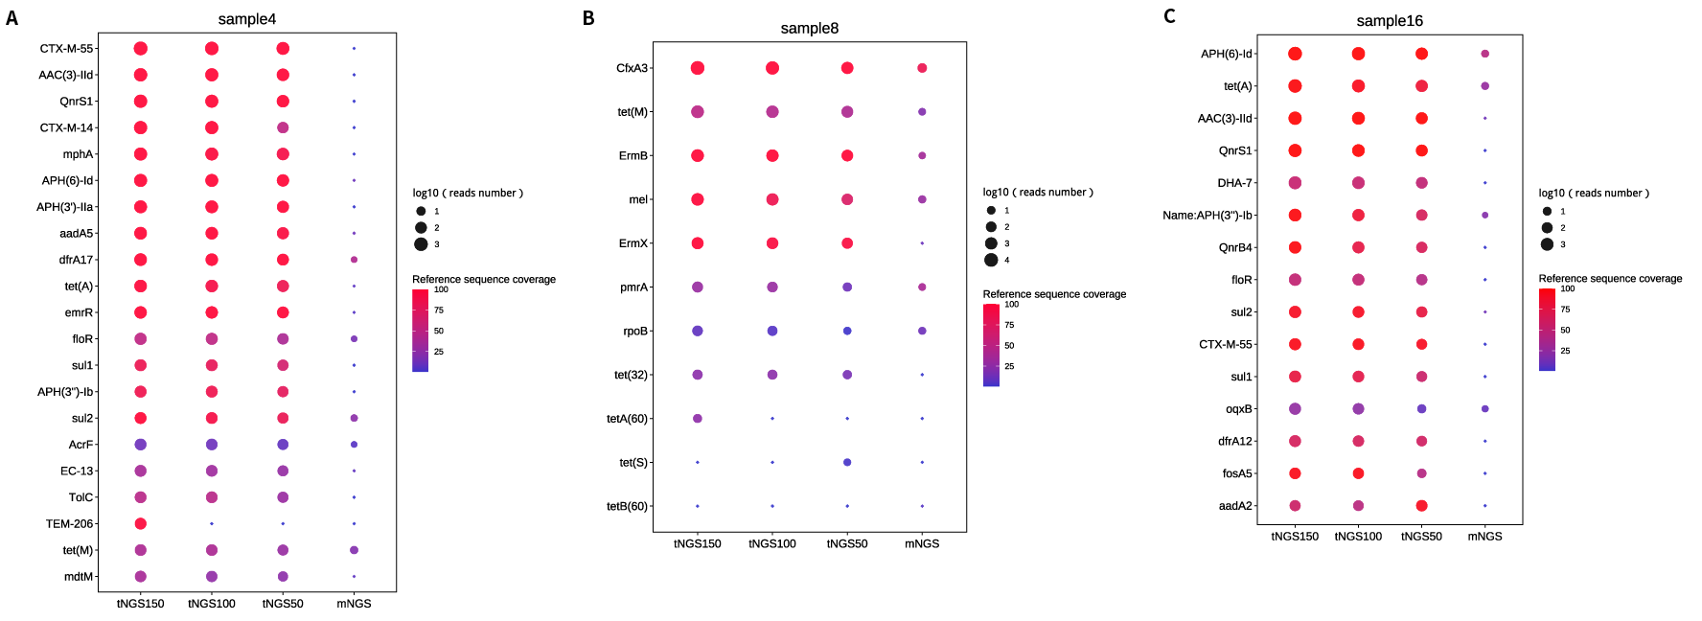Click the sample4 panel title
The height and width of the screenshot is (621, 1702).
(x=246, y=19)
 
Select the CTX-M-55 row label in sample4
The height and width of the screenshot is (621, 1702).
(x=66, y=49)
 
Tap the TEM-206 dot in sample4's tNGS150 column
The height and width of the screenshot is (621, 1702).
(x=141, y=523)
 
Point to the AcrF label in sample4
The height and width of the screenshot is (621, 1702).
(x=80, y=445)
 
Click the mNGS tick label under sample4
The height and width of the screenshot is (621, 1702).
(x=354, y=604)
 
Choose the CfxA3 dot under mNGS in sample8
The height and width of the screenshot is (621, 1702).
(x=922, y=68)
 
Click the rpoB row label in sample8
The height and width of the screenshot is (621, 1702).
(x=635, y=332)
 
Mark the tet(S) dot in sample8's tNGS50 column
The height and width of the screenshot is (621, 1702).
(x=847, y=462)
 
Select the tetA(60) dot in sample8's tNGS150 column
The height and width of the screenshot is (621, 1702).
(x=698, y=419)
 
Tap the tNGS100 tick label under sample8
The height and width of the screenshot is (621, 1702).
(x=772, y=544)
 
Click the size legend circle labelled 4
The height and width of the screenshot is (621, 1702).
(x=991, y=260)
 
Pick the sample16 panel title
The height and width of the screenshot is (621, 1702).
(x=1390, y=21)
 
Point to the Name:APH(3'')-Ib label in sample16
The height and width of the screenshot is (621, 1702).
(x=1207, y=216)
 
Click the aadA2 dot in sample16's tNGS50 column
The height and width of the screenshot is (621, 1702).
(x=1421, y=505)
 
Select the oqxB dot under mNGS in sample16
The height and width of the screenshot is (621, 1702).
(x=1484, y=409)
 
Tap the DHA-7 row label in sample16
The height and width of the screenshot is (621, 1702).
(x=1234, y=183)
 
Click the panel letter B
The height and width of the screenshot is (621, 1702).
(x=588, y=18)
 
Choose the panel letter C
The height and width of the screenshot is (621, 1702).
(x=1169, y=16)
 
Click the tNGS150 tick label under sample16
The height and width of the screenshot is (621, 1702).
(x=1295, y=537)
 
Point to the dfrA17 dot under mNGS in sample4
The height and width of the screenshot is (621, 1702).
(x=354, y=260)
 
